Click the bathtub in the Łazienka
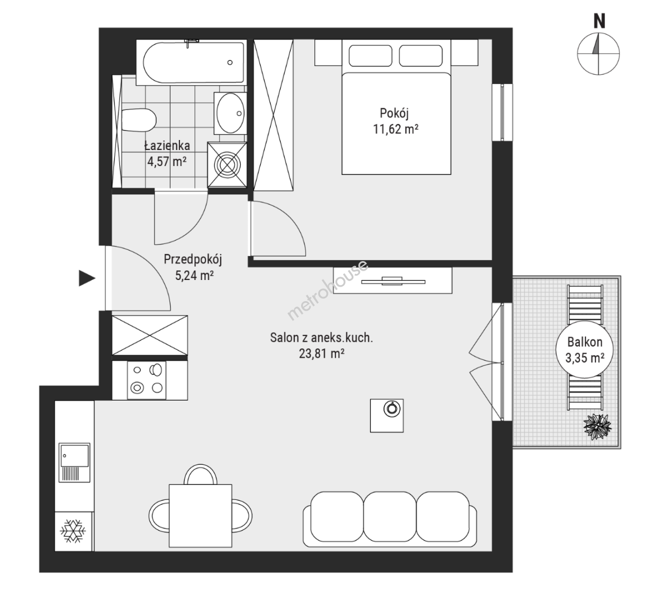click(194, 62)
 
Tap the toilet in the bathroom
click(138, 119)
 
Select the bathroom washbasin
click(230, 113)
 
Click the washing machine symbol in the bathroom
click(227, 164)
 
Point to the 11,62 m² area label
click(396, 129)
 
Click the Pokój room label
click(394, 113)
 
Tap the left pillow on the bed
click(371, 56)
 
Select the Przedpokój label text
click(193, 259)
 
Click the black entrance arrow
click(87, 278)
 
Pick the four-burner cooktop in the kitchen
click(147, 380)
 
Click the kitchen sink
click(74, 462)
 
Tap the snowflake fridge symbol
click(73, 531)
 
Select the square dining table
click(201, 516)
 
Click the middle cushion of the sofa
click(390, 517)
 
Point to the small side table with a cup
click(387, 416)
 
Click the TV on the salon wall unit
click(393, 281)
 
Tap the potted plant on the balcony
click(597, 427)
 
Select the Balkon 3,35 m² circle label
click(584, 349)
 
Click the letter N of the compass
click(599, 21)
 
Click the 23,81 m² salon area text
click(322, 354)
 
